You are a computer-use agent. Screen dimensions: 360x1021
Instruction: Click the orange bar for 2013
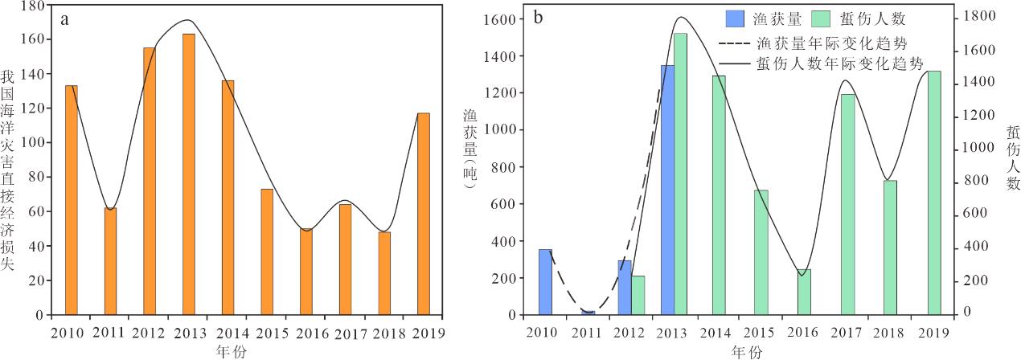click(189, 174)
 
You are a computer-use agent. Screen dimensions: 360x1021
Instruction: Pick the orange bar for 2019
click(424, 214)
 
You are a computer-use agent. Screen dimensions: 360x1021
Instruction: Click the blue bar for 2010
click(545, 282)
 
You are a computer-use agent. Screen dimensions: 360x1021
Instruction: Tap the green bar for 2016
click(804, 292)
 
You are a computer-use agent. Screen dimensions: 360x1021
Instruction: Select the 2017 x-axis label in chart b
click(847, 333)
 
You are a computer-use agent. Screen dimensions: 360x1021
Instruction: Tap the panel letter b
click(539, 16)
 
